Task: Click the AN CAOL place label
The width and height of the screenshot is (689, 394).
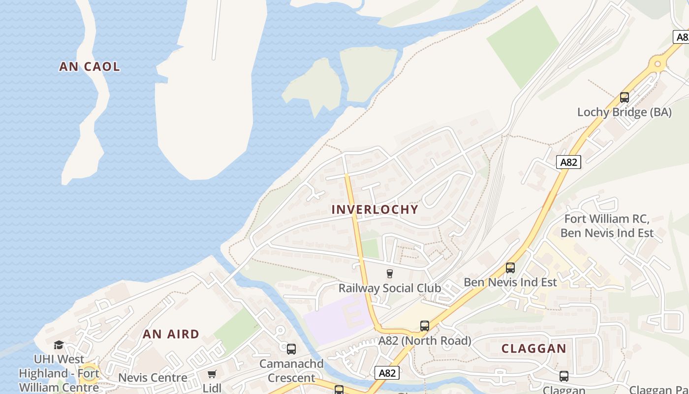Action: (90, 66)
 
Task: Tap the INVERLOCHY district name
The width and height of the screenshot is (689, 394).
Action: (375, 209)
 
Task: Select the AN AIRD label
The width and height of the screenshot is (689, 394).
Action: (171, 334)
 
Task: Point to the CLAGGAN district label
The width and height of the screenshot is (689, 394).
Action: (533, 348)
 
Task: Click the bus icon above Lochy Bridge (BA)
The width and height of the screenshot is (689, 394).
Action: (625, 98)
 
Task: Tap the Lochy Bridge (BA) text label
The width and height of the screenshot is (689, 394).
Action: (624, 112)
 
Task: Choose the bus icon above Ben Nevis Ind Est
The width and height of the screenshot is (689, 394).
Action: (510, 268)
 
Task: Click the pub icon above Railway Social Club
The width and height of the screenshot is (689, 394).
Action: (390, 274)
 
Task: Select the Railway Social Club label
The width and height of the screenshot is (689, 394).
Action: (389, 288)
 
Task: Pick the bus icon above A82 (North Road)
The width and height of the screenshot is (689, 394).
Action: (424, 326)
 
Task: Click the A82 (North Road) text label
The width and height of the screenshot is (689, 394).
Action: (424, 340)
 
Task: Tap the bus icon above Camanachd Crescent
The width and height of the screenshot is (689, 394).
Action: (291, 349)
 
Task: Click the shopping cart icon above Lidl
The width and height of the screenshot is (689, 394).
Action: (212, 374)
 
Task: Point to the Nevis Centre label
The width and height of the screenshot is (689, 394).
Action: (153, 378)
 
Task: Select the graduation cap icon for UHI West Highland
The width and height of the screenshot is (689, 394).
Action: (59, 345)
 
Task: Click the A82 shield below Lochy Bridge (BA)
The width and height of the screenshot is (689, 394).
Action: (568, 162)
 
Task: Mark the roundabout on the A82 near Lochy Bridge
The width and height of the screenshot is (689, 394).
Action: (658, 64)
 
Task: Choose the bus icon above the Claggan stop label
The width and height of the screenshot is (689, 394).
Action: (564, 376)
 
